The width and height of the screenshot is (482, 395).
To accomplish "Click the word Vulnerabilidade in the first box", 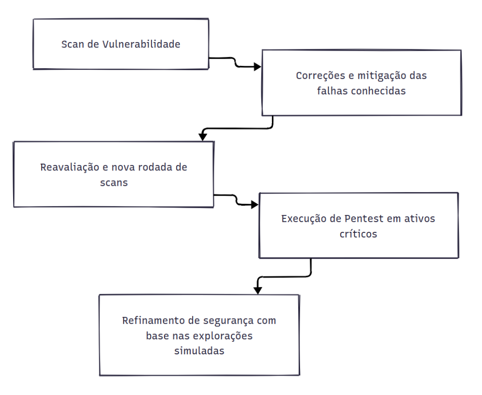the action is [141, 44].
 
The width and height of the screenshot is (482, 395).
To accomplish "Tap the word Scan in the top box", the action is [73, 44].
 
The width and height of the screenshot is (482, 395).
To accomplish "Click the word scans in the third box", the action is [114, 183].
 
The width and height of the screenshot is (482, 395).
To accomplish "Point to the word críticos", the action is [359, 234].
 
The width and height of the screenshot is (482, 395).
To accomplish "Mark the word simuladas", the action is [199, 351].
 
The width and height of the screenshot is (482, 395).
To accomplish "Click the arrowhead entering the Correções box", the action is [257, 67].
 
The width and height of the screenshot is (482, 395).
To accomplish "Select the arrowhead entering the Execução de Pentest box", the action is [255, 205].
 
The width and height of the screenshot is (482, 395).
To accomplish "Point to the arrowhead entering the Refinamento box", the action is [257, 290].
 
